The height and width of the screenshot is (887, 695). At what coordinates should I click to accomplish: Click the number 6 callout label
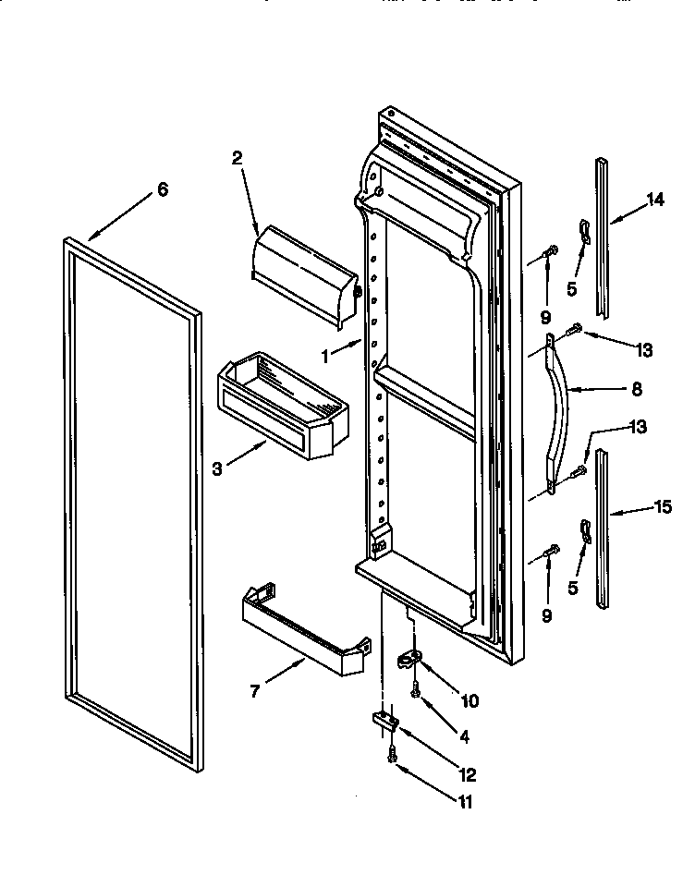tap(163, 189)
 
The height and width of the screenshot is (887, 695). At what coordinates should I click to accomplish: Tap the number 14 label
tap(655, 200)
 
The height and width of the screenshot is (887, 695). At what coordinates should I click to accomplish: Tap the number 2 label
tap(237, 158)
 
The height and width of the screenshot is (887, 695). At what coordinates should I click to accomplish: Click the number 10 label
tap(469, 700)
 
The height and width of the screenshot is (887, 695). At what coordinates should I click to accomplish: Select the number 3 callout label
tap(216, 468)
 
